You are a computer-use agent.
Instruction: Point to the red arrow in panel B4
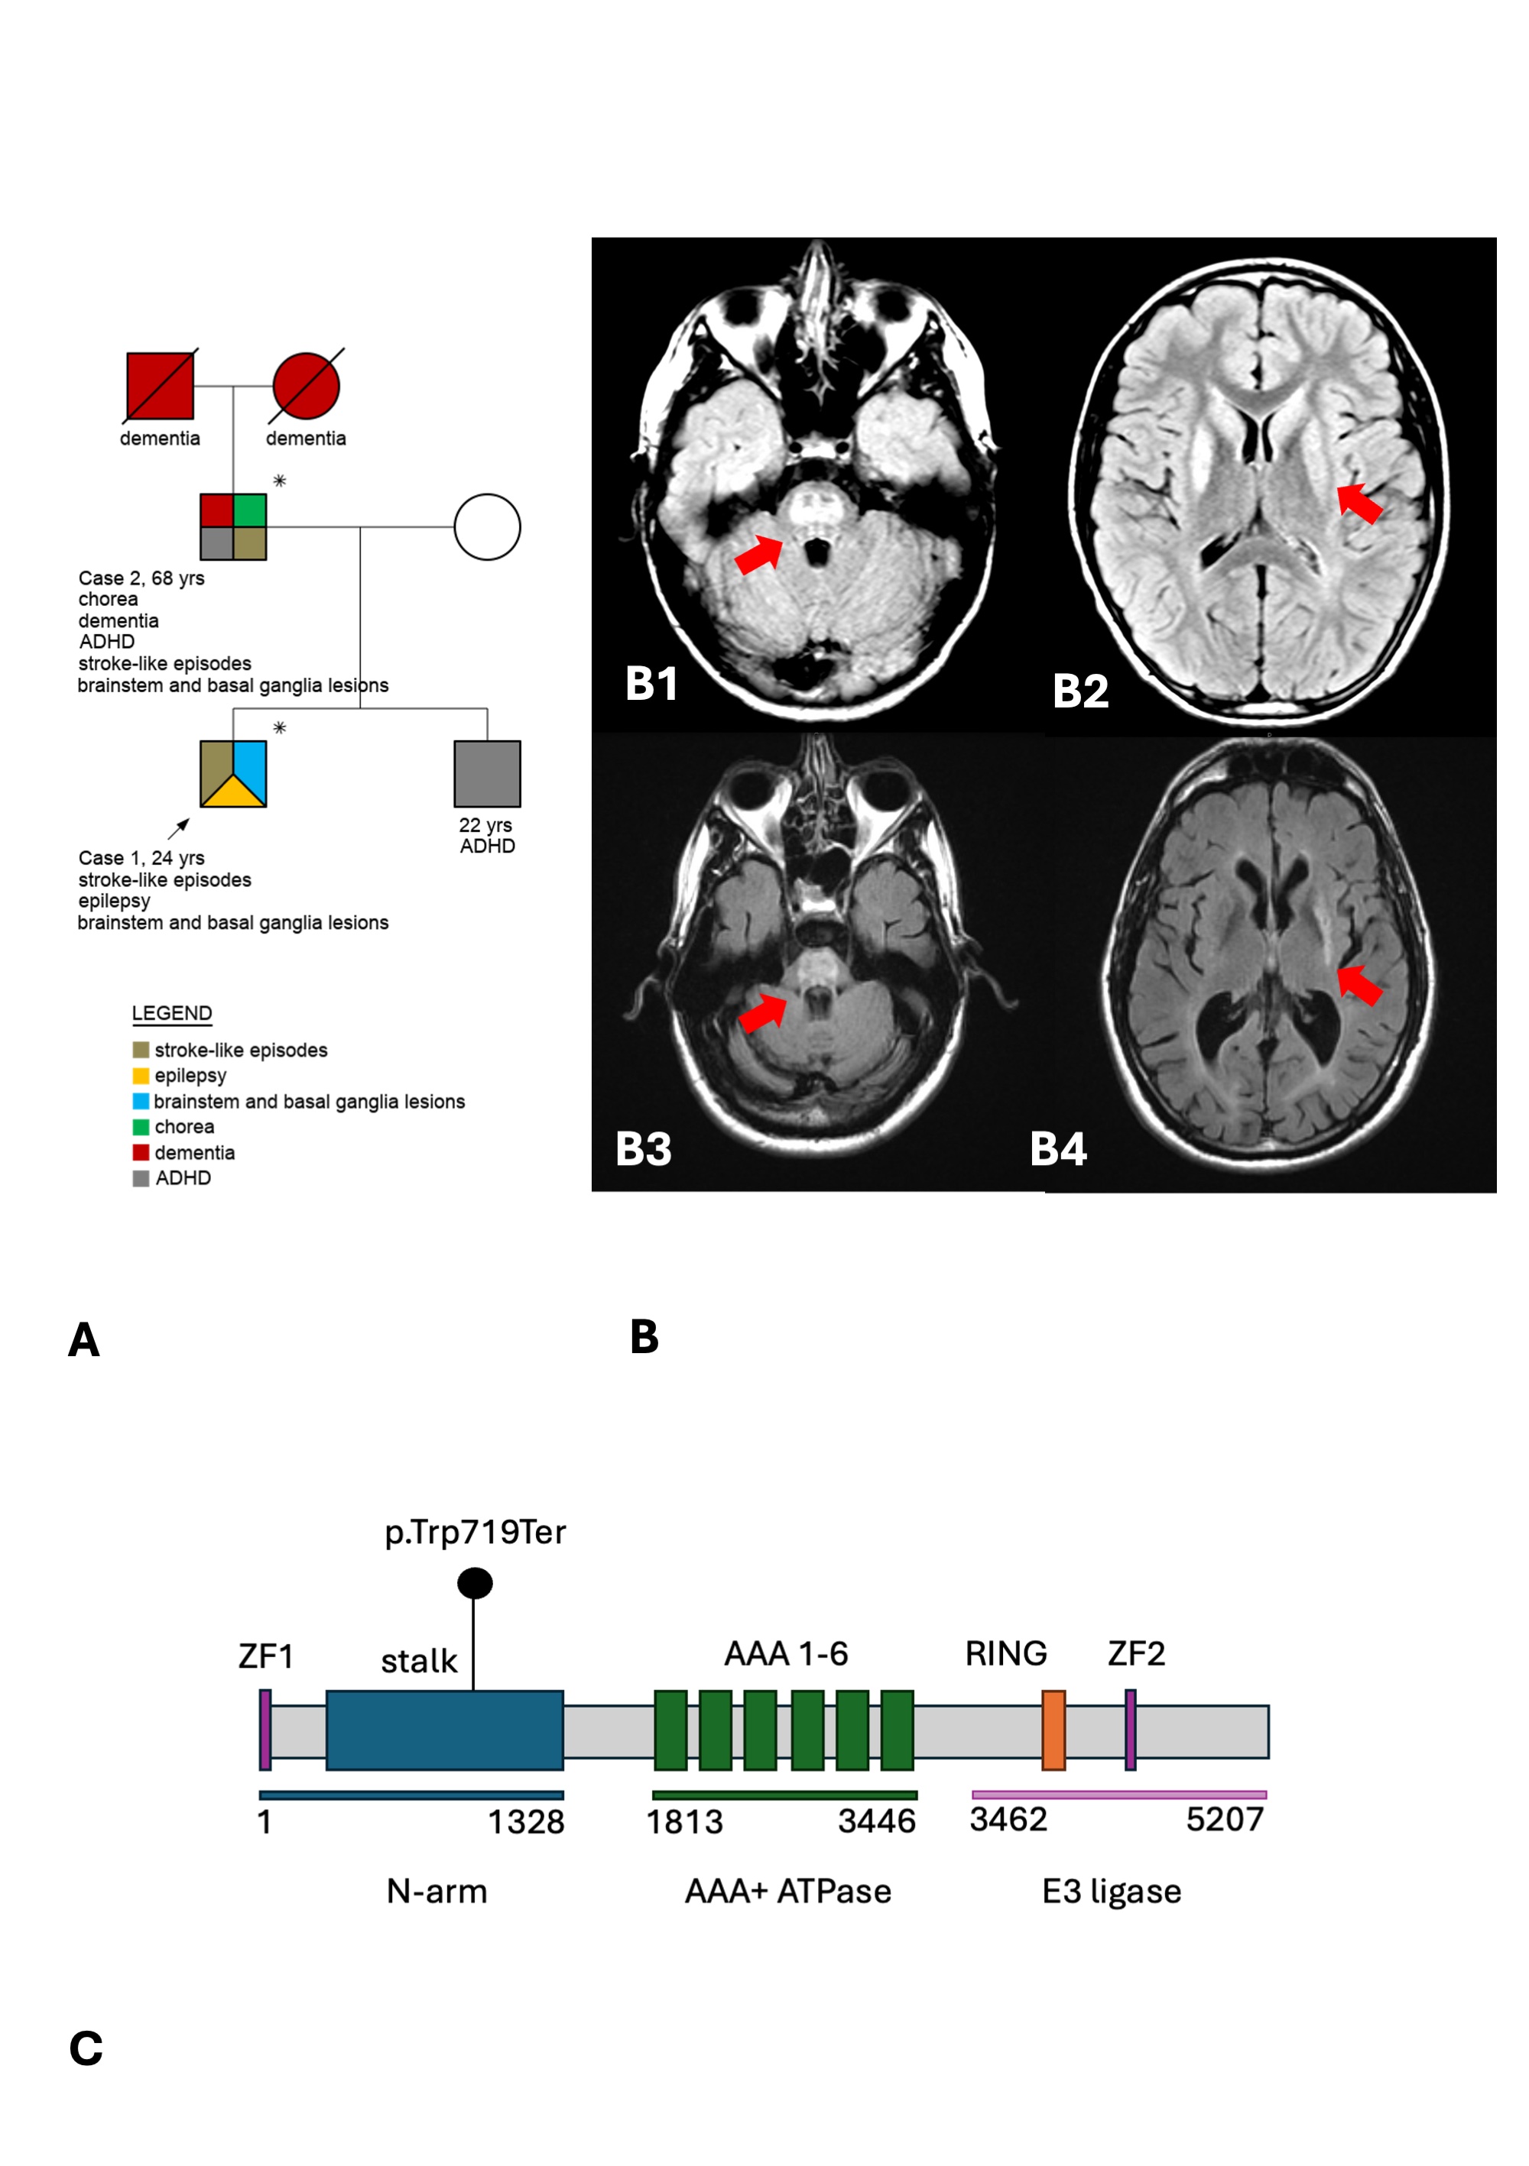click(1360, 984)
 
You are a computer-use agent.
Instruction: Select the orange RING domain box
click(1053, 1731)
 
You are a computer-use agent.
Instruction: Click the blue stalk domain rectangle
click(444, 1731)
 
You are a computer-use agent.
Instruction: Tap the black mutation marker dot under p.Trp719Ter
click(475, 1583)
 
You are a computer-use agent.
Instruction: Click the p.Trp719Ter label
click(475, 1532)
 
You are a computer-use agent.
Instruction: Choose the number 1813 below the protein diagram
click(684, 1821)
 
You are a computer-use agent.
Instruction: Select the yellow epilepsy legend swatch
click(141, 1076)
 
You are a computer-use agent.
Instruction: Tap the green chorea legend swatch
click(141, 1126)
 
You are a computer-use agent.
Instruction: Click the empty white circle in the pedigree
click(487, 527)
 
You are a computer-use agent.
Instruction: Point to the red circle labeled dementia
click(306, 386)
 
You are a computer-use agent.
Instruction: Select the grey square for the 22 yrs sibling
click(487, 773)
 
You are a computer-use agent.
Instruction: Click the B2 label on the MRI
click(1081, 691)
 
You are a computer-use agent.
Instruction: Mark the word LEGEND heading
click(172, 1013)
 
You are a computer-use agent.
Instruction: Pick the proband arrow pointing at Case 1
click(178, 828)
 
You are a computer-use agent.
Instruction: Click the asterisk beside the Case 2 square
click(279, 481)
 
